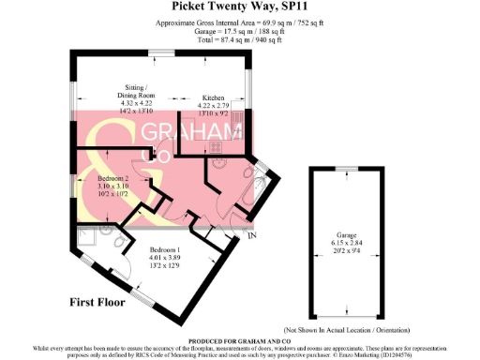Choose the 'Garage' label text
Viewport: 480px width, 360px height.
coord(346,235)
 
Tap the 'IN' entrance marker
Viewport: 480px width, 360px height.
coord(251,234)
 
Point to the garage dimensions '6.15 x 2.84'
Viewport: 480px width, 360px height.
coord(347,243)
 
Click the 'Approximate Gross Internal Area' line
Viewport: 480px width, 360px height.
coord(239,23)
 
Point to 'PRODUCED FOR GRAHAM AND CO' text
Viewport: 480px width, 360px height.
coord(239,340)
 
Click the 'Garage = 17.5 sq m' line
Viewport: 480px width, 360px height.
coord(239,32)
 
